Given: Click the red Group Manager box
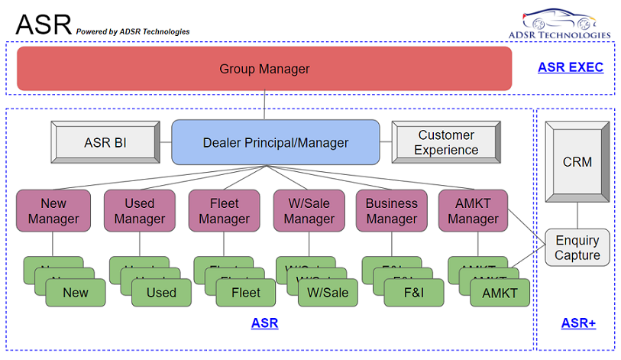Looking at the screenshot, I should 264,69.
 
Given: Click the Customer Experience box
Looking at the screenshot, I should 446,142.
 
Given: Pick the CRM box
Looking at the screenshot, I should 577,162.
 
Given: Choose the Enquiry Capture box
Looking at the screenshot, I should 577,248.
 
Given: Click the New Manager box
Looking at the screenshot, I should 53,211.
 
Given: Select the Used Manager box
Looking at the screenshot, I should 139,211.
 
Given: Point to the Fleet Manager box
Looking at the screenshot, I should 224,211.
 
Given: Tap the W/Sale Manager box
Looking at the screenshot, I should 309,211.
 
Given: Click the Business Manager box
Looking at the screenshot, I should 392,211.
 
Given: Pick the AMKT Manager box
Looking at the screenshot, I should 473,211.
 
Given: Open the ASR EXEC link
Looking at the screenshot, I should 570,67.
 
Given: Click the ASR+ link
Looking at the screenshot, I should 578,323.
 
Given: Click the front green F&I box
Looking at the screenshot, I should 414,293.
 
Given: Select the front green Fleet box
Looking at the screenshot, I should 245,293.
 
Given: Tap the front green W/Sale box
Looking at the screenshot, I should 328,293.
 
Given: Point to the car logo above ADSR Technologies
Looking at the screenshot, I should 560,18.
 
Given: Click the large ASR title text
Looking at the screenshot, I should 43,24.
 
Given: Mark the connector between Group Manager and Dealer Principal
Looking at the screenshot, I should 265,105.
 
